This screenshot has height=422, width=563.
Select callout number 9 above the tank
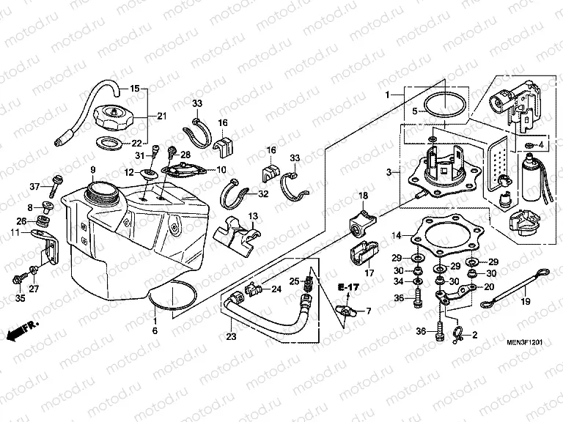click(x=93, y=171)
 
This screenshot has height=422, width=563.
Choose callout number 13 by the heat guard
click(x=252, y=216)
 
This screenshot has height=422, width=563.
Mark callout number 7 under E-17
click(x=368, y=311)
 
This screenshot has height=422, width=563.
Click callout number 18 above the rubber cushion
click(x=362, y=196)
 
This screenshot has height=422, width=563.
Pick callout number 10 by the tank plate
click(x=220, y=170)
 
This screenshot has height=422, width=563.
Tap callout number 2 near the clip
click(x=474, y=336)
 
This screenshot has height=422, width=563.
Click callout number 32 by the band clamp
click(x=263, y=194)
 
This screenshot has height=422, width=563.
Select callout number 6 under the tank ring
click(x=155, y=331)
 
